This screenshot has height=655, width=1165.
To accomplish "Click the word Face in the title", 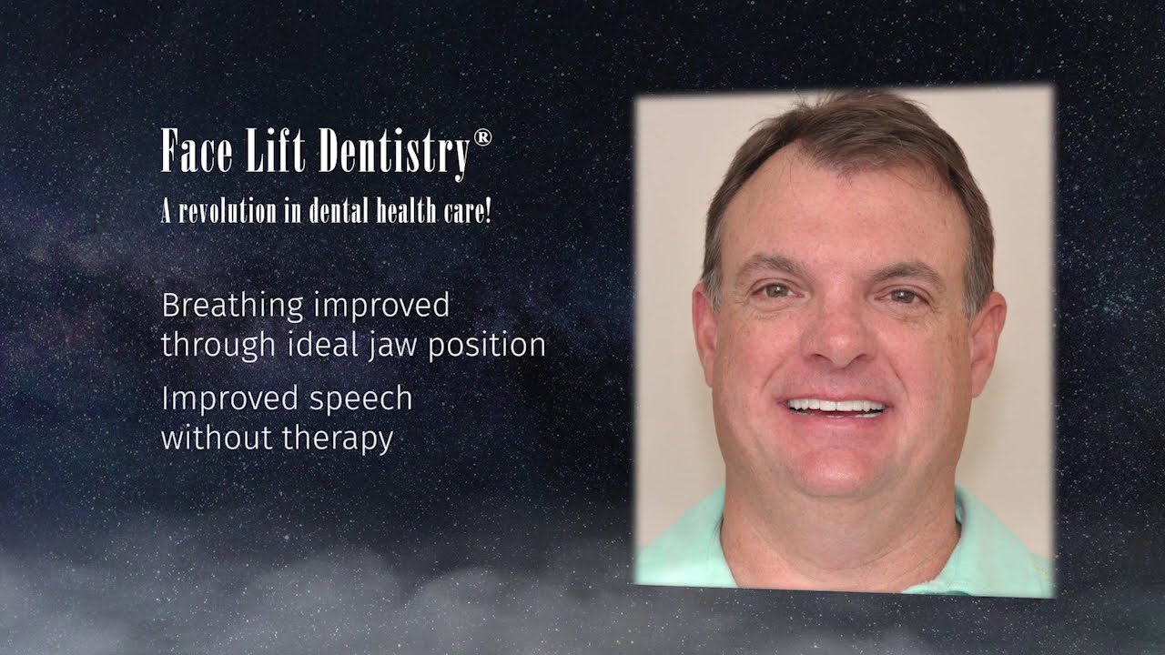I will pyautogui.click(x=198, y=151).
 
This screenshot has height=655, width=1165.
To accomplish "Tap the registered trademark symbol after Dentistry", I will pyautogui.click(x=482, y=137).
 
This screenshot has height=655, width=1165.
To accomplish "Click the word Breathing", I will pyautogui.click(x=233, y=307).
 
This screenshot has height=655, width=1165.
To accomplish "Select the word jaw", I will pyautogui.click(x=397, y=346).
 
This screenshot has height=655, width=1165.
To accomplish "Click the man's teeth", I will pyautogui.click(x=836, y=407).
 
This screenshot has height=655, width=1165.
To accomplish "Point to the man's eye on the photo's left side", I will pyautogui.click(x=774, y=291).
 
